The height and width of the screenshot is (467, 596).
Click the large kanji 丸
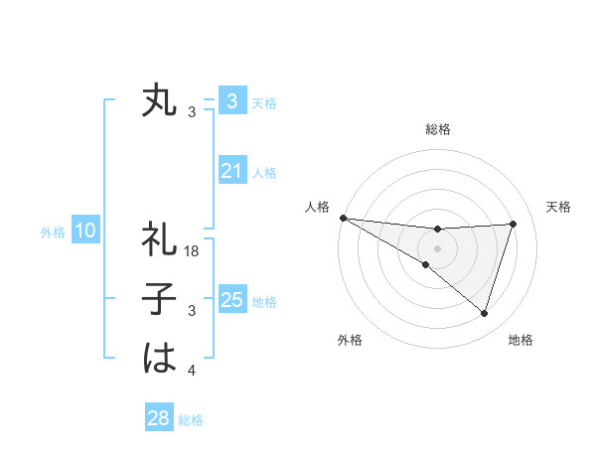click(x=159, y=100)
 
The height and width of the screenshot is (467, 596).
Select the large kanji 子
click(x=159, y=300)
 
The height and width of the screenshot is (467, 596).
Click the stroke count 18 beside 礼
click(x=193, y=251)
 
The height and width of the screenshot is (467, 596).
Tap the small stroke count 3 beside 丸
click(x=192, y=112)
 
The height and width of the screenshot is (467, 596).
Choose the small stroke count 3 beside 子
click(x=192, y=312)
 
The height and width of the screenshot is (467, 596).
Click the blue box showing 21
click(x=231, y=172)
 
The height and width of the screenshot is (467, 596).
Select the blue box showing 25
click(x=231, y=300)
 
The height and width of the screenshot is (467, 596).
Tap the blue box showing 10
click(x=84, y=232)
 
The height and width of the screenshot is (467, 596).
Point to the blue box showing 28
click(x=158, y=418)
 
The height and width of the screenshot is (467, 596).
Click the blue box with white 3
click(x=231, y=100)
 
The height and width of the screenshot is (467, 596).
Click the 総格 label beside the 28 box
click(x=191, y=420)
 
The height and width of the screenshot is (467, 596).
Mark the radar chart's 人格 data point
click(x=343, y=217)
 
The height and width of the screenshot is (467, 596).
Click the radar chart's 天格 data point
click(x=514, y=224)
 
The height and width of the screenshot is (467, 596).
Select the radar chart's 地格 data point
click(x=485, y=313)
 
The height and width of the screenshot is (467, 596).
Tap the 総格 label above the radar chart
click(x=438, y=129)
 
